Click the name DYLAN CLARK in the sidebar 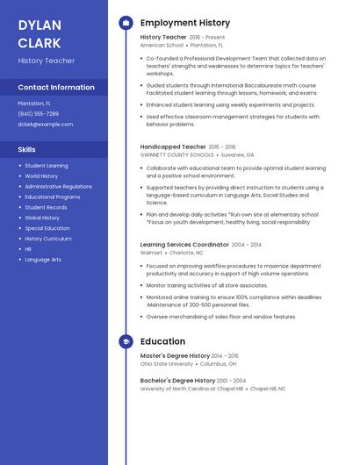(x=40, y=33)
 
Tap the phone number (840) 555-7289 (x=38, y=113)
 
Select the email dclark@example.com (x=45, y=124)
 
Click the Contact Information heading (x=56, y=87)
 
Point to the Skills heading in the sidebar (x=26, y=149)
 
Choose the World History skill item (x=41, y=175)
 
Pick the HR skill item (x=28, y=249)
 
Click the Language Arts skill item (x=43, y=260)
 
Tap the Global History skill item (x=42, y=218)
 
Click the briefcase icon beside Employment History (x=126, y=23)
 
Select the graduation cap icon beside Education (x=126, y=341)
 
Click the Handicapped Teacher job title (x=173, y=147)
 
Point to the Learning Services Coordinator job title (x=184, y=245)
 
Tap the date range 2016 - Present (x=206, y=38)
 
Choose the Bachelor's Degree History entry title (x=177, y=381)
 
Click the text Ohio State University (x=167, y=363)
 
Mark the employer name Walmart (x=151, y=253)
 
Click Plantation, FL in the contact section (x=34, y=103)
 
